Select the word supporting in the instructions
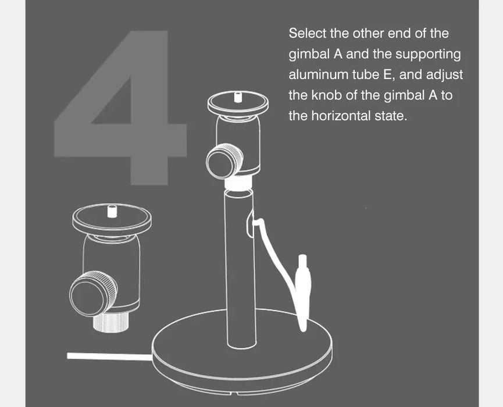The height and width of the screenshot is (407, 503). point(428,55)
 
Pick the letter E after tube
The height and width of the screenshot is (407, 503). point(387,75)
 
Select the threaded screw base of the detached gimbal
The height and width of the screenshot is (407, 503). point(111,323)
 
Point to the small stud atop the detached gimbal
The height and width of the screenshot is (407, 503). point(111,212)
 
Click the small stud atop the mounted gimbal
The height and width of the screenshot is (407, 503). point(238,97)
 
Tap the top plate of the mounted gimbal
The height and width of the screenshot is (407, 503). point(238,103)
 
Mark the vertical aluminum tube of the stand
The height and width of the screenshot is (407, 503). point(240,268)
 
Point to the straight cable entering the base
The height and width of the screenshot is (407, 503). point(109,356)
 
